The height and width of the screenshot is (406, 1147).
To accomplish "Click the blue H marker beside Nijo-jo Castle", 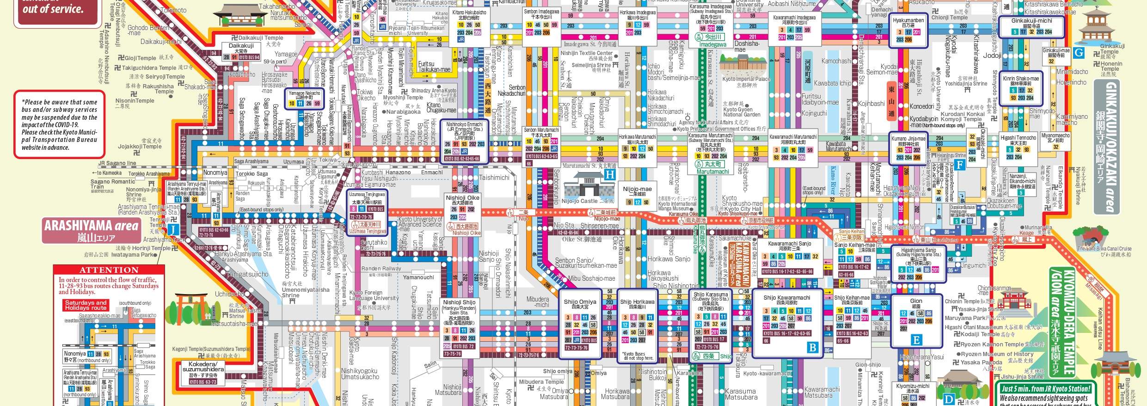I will click(610, 175).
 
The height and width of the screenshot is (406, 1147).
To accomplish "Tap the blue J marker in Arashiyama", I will click(172, 230).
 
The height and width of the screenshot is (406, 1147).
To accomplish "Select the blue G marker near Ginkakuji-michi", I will click(1078, 53).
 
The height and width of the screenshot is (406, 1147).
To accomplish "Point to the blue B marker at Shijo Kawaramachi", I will click(812, 347).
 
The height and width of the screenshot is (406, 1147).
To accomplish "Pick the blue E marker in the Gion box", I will click(916, 340).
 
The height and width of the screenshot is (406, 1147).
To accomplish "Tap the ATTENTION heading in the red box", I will click(109, 270).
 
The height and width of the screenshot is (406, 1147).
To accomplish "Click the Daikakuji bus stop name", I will click(241, 46).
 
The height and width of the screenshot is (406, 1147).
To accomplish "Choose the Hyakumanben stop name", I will click(908, 20).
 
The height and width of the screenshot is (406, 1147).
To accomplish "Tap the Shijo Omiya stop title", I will click(580, 302).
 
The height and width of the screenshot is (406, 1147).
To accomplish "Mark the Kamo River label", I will click(833, 179).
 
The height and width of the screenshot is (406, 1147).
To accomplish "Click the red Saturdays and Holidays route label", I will click(86, 305).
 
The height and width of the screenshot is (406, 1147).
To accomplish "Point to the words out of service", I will click(53, 9).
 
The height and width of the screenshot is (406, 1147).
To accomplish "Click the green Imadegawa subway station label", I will click(712, 45).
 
